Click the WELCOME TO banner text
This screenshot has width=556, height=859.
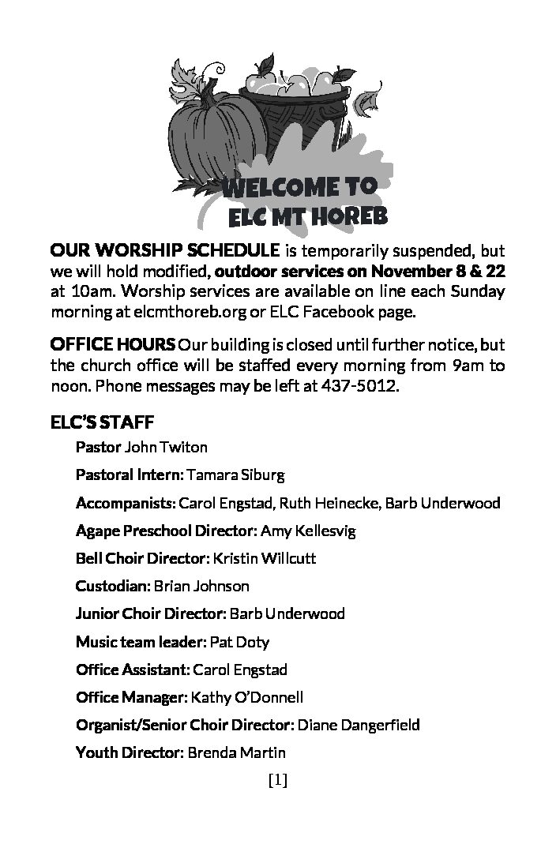tap(300, 187)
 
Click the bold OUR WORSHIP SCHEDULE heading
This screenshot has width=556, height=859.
tap(164, 251)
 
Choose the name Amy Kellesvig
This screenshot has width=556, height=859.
tap(308, 531)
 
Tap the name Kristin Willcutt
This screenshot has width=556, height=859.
tap(265, 558)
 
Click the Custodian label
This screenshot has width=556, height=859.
tap(113, 586)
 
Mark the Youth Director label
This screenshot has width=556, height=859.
tap(130, 752)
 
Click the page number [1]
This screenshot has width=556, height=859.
tap(277, 781)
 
